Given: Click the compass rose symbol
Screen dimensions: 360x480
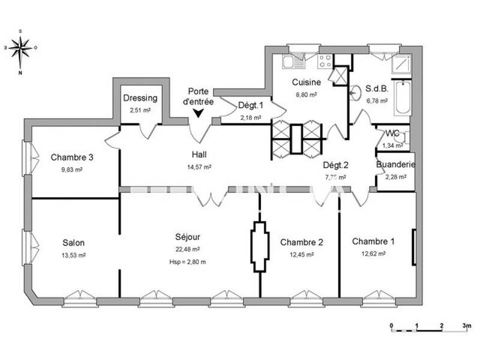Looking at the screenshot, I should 20,46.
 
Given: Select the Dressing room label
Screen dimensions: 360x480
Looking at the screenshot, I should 140,98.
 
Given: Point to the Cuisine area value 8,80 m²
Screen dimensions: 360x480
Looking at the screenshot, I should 306,94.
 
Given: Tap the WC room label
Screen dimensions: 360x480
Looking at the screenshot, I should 393,133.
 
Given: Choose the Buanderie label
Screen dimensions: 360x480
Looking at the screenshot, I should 395,164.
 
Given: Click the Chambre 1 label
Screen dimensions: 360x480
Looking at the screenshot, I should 373,242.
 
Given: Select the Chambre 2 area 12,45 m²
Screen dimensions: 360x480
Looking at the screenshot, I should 302,254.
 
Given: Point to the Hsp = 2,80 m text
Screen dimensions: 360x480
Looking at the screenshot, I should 188,262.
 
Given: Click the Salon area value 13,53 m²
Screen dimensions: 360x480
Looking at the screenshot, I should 74,255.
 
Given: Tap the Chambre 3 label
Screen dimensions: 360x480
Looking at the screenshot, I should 71,158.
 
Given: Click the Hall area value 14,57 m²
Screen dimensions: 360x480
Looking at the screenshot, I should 199,167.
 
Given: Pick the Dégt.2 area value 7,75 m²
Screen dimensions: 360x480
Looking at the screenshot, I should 335,177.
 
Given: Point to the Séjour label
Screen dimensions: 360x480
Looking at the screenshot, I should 188,237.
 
